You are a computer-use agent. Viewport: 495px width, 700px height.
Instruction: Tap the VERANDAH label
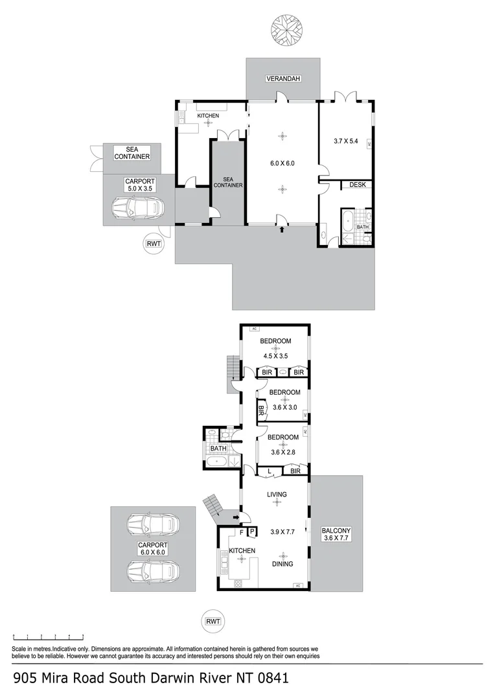pos(282,79)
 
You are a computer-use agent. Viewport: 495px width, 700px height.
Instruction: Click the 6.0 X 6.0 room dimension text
pos(282,163)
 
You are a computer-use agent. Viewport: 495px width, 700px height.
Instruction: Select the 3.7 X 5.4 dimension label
pos(346,140)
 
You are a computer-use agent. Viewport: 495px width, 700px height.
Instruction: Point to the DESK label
pos(358,185)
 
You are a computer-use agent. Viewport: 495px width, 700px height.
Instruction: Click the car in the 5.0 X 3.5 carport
pos(137,209)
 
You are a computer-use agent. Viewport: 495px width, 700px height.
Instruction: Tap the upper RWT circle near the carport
pos(154,244)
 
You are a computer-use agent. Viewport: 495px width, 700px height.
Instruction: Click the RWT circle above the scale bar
pos(213,621)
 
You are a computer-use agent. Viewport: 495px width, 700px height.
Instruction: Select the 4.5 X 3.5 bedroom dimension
pos(275,356)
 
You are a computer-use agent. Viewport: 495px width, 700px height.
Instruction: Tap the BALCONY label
pos(336,531)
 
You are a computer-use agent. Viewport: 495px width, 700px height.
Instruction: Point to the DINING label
pos(282,564)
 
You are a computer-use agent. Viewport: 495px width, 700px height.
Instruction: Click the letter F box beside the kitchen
pos(242,532)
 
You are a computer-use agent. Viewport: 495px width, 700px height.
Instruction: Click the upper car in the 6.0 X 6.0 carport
pos(152,524)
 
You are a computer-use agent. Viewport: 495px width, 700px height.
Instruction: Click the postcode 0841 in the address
pos(270,679)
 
